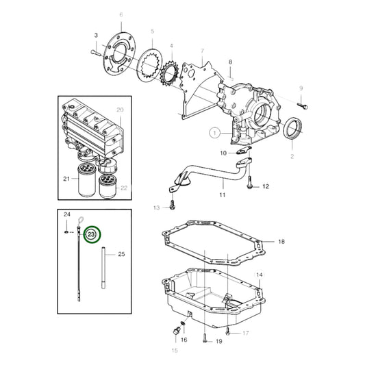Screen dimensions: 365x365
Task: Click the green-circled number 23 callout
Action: tap(92, 234)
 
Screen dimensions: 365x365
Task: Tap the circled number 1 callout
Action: tap(214, 133)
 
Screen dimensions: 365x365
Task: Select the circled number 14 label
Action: tap(260, 275)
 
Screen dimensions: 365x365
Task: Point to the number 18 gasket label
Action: tap(281, 242)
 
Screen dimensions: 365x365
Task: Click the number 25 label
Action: tap(121, 254)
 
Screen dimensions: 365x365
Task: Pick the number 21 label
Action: tap(66, 179)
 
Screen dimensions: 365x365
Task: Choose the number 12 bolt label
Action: tap(266, 186)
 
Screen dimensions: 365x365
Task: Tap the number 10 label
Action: tap(223, 153)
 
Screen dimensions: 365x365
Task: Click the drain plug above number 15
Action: tap(176, 331)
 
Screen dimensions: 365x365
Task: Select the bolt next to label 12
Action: tap(249, 182)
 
